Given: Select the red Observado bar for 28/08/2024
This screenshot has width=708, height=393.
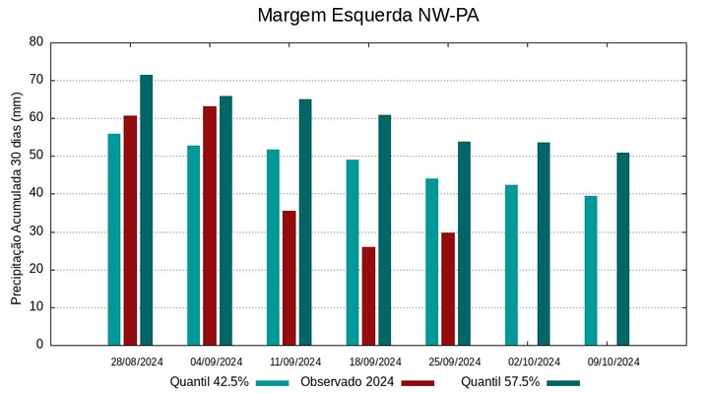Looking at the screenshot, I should (x=130, y=230).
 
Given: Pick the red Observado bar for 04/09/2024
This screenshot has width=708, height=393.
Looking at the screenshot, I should (x=210, y=226).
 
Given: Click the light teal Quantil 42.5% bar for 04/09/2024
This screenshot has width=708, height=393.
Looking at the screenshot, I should (x=194, y=245).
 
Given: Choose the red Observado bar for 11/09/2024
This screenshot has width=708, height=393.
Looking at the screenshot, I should (x=289, y=278).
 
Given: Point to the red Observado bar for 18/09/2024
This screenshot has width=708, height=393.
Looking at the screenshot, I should (x=368, y=295).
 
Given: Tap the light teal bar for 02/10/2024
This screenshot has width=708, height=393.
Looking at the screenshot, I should (x=511, y=265).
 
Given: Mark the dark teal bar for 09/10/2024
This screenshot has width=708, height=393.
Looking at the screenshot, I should (x=622, y=249).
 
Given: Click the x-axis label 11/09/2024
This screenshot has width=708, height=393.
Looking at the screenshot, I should (x=295, y=361).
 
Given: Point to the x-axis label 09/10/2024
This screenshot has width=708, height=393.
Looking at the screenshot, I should (x=613, y=361).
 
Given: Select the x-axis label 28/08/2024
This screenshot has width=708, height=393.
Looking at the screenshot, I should (x=137, y=361).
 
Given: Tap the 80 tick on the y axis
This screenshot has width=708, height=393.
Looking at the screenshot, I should (x=36, y=42).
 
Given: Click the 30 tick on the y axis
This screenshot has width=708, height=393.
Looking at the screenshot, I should (x=36, y=231).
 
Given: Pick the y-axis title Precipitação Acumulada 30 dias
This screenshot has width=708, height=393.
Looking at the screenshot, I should (x=16, y=195).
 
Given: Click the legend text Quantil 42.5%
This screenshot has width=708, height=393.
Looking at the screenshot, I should (x=209, y=382).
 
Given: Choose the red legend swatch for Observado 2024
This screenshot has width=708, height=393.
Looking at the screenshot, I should (x=418, y=382).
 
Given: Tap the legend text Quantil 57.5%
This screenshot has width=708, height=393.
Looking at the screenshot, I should (x=500, y=382).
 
